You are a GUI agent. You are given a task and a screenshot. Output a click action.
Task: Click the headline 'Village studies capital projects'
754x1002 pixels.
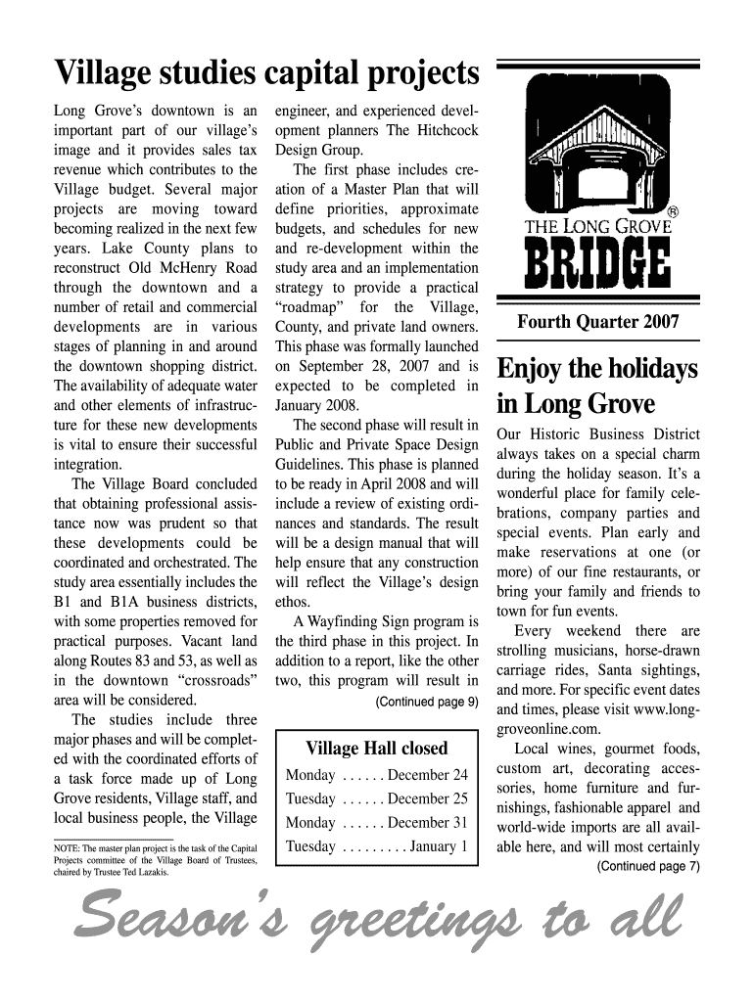point(266,73)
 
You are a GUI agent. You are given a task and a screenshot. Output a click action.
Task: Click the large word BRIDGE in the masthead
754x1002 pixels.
point(598,263)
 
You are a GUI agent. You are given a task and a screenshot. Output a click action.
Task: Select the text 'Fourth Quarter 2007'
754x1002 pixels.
point(598,322)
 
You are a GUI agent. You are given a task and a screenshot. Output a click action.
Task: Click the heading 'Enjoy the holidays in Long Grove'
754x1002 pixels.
point(598,386)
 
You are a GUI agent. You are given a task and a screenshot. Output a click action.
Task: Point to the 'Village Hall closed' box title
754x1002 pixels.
point(377,749)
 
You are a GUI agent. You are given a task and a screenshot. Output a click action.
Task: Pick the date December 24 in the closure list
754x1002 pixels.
point(428,775)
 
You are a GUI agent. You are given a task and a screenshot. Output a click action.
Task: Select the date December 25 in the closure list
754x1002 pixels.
point(428,798)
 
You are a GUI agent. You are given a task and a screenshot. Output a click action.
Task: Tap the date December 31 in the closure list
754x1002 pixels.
point(428,822)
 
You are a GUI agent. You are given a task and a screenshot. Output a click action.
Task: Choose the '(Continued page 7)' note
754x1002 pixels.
point(648,866)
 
